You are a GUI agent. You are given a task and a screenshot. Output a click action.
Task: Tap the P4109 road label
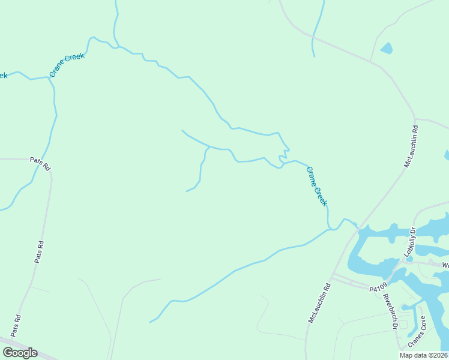tap(377, 289)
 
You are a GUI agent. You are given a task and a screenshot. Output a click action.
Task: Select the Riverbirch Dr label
tap(390, 312)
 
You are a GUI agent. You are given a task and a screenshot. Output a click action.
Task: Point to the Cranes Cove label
tap(417, 331)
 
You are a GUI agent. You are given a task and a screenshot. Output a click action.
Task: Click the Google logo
tap(20, 352)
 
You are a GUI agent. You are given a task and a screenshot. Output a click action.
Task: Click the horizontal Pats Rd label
tap(41, 160)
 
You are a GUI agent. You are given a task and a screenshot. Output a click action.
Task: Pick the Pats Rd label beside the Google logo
tap(16, 325)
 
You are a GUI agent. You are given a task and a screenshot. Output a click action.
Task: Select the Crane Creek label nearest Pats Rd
tap(67, 65)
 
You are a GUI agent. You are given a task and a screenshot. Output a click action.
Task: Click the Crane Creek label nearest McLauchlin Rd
tap(317, 187)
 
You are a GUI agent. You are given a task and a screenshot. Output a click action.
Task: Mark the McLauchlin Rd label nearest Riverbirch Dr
tap(319, 304)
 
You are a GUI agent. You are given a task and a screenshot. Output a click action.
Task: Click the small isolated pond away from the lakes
tap(386, 49)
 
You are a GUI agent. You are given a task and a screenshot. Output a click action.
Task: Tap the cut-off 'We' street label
tap(445, 265)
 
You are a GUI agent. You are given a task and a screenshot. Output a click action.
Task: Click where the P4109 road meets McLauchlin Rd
tap(334, 277)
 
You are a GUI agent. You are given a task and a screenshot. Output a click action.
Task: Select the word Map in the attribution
tap(406, 355)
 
